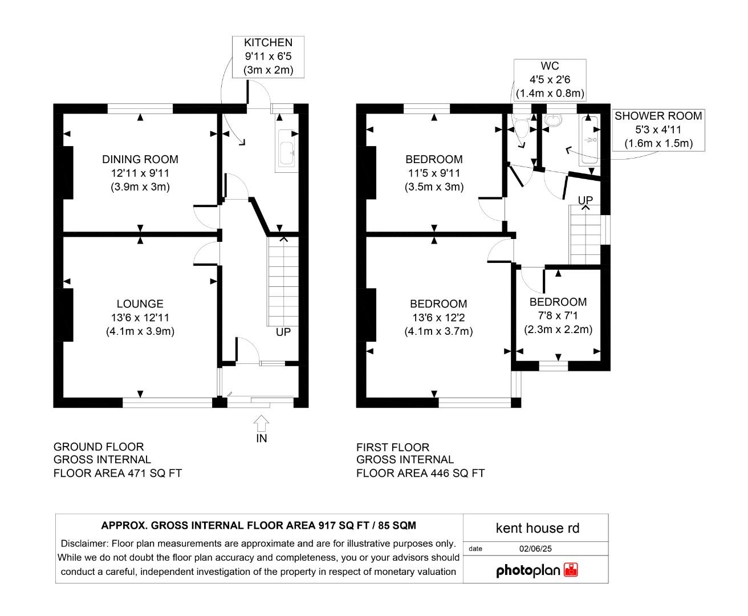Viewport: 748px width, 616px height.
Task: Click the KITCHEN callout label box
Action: click(x=268, y=56)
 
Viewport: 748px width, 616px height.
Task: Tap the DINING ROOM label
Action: click(x=140, y=160)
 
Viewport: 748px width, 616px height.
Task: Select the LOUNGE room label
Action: click(x=140, y=304)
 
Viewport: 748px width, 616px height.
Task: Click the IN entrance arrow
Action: click(x=261, y=424)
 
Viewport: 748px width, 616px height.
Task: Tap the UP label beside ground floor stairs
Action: click(x=283, y=332)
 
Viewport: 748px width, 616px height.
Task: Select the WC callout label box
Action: click(x=550, y=80)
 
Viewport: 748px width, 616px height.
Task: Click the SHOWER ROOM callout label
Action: click(x=658, y=129)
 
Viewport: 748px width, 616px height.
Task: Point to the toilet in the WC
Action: click(x=520, y=129)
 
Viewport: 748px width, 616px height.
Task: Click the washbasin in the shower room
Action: click(x=552, y=120)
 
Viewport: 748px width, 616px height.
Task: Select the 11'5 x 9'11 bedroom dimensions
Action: click(x=434, y=173)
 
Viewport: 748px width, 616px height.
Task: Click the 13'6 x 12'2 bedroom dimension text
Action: click(x=438, y=318)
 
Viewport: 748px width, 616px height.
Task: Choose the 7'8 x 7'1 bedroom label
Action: click(x=558, y=316)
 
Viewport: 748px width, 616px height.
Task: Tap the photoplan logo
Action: click(x=536, y=570)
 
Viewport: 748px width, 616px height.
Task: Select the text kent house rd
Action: click(x=537, y=528)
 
